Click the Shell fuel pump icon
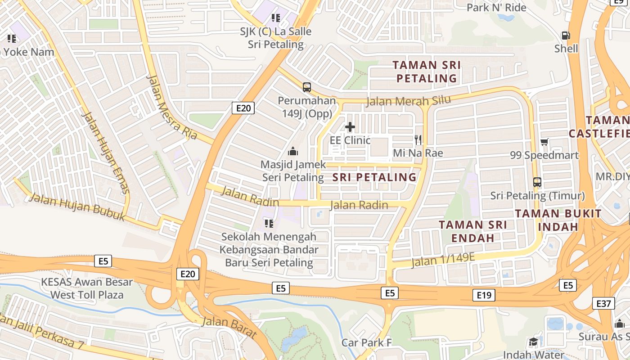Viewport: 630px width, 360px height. pos(566,35)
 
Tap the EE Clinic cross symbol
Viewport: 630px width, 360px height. pos(350,127)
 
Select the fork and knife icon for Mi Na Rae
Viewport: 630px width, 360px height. pos(418,140)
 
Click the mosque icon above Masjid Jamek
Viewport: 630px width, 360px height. pos(293,151)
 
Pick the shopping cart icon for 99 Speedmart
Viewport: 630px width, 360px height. pos(544,142)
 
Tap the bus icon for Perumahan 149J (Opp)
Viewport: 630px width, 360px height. pos(307,87)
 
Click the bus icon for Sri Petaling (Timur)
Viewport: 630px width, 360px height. pos(537,182)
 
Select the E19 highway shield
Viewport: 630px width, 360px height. pos(484,295)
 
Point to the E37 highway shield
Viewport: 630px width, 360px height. pos(603,304)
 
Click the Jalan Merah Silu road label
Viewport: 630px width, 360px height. pos(409,101)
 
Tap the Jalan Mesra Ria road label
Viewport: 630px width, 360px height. pos(171,107)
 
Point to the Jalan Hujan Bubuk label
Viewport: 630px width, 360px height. pos(77,207)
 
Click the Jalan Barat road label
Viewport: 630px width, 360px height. pos(229,327)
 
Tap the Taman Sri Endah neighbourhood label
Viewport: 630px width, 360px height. pos(472,231)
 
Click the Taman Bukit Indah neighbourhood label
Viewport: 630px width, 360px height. pos(558,220)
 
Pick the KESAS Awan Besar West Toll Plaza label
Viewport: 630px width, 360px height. pos(87,288)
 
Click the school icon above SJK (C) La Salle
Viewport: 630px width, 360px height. pos(276,18)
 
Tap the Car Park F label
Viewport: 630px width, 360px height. pos(366,342)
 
